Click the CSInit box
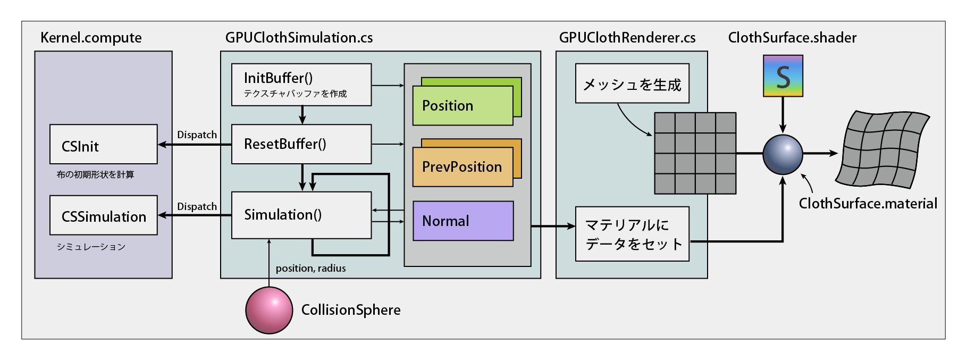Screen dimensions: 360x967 (x=104, y=144)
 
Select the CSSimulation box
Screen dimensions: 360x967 (x=104, y=215)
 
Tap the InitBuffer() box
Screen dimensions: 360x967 (x=301, y=85)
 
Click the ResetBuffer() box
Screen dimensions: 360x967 (x=301, y=144)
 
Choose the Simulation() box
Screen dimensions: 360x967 (x=301, y=215)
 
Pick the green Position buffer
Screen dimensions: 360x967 (x=463, y=105)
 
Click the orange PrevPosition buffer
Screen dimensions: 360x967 (x=463, y=167)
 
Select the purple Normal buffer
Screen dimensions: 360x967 (x=463, y=221)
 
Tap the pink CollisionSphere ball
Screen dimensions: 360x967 (x=269, y=311)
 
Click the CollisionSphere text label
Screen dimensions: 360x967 (x=351, y=310)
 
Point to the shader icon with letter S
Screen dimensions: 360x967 (x=783, y=76)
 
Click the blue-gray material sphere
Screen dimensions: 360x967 (x=783, y=154)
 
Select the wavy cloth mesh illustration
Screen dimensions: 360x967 (x=882, y=149)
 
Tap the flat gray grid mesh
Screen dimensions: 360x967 (x=695, y=153)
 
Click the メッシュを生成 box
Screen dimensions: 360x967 (x=632, y=83)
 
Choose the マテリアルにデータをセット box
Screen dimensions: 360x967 (x=632, y=234)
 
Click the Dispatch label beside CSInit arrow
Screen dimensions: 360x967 (x=197, y=135)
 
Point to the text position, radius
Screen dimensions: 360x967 (x=310, y=269)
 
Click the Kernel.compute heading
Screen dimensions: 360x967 (x=91, y=38)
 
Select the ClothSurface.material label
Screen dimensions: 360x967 (x=868, y=204)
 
